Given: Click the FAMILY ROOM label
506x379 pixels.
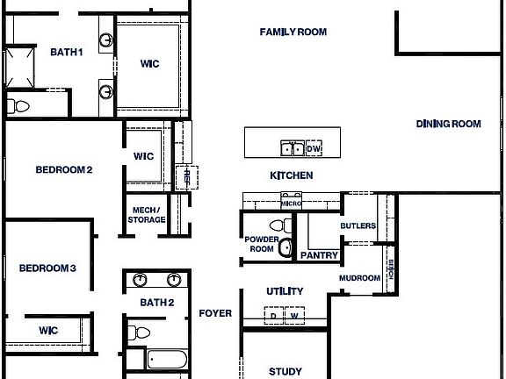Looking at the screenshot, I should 293,32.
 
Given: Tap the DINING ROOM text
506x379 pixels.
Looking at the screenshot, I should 448,125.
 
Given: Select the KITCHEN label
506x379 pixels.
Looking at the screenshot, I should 291,175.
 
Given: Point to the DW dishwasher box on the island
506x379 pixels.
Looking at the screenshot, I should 314,149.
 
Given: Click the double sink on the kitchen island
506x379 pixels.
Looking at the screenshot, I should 292,148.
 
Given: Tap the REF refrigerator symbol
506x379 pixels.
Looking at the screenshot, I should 186,176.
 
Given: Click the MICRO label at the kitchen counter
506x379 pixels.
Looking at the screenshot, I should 292,204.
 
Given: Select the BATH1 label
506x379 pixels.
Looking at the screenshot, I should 66,53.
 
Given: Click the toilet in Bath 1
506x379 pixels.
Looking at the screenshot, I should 18,106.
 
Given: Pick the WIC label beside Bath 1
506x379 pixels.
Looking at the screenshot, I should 149,64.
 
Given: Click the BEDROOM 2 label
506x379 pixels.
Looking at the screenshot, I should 63,170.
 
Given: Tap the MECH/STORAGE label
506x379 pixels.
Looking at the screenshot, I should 148,215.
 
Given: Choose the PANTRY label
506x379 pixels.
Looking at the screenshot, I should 319,256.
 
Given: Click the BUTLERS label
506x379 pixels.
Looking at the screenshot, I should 358,226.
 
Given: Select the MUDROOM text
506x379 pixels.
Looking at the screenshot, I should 360,279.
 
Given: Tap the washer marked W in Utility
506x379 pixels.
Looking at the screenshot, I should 295,316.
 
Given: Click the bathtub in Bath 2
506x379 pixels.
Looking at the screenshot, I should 166,360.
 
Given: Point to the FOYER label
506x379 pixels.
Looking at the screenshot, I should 215,313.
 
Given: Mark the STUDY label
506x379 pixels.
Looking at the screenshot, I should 285,371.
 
